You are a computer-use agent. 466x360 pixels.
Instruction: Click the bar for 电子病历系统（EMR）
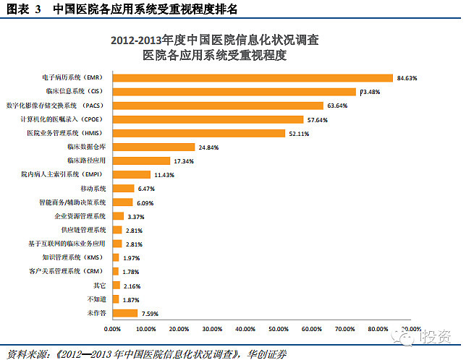[x=252, y=77]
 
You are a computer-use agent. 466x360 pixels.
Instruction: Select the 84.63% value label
[x=407, y=77]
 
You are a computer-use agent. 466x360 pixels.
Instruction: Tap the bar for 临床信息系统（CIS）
[x=234, y=92]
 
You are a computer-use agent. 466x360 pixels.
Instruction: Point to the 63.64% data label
[x=338, y=106]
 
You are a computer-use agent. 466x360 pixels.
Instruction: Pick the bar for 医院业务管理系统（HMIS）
[x=199, y=133]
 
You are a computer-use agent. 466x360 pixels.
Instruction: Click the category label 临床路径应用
[x=86, y=160]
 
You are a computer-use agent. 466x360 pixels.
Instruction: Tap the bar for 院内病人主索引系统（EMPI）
[x=131, y=175]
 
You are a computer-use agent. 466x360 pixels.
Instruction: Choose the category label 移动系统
[x=93, y=189]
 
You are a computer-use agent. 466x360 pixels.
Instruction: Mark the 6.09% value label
[x=146, y=202]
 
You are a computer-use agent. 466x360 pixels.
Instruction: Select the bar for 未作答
[x=124, y=313]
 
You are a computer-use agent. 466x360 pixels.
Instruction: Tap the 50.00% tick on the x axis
[x=279, y=329]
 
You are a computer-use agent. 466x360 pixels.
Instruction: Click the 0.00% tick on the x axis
[x=113, y=329]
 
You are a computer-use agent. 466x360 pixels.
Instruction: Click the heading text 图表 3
[x=22, y=9]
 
